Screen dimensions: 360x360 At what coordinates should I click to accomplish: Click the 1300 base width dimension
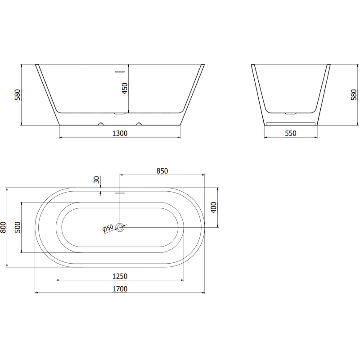pos(120,133)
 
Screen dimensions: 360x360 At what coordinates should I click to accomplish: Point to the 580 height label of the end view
pos(354,95)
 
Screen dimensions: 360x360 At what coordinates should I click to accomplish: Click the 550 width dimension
pos(290,133)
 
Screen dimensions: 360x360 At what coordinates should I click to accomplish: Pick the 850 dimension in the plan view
pos(162,171)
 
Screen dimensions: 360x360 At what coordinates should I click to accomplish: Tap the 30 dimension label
pos(96,180)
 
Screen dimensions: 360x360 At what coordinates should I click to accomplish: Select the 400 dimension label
pos(214,207)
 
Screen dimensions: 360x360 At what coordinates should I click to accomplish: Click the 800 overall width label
pos(4,227)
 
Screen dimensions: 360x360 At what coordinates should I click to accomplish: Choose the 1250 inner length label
pos(120,276)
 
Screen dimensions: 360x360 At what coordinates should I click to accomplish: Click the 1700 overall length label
pos(120,289)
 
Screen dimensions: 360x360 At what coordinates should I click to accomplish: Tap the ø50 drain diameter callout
pos(108,229)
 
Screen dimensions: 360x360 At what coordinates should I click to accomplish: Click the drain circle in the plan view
pos(120,227)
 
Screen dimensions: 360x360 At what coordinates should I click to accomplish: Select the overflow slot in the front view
pos(120,72)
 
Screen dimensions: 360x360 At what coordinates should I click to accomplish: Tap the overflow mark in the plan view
pos(120,193)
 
